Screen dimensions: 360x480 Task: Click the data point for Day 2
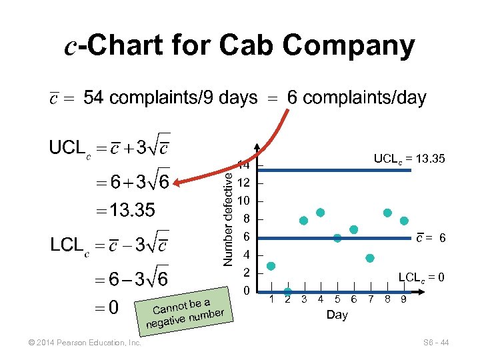point(287,292)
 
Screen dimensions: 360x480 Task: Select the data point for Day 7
point(370,258)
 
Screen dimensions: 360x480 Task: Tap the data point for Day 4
point(320,213)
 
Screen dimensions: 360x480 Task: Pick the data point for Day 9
point(404,221)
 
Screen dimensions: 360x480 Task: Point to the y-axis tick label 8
point(245,219)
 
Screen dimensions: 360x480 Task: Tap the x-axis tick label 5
point(337,299)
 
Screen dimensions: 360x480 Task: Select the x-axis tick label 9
point(403,299)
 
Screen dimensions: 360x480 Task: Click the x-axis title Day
point(337,315)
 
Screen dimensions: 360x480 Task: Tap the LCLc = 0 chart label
point(421,277)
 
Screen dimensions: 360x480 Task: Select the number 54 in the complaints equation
point(93,98)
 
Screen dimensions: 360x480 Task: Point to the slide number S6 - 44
point(436,343)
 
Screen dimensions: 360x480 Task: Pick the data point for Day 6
point(353,229)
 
